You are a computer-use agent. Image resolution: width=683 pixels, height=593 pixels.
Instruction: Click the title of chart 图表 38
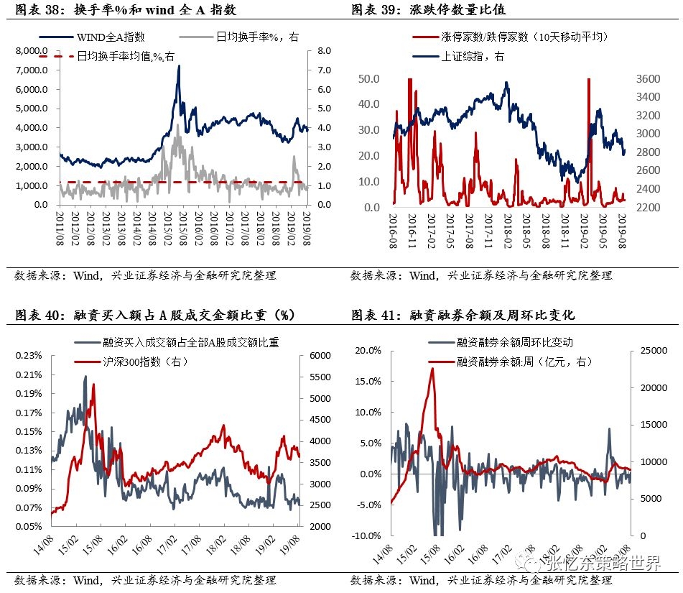tap(125, 11)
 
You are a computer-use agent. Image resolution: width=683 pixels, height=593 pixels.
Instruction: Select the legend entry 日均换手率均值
tap(125, 56)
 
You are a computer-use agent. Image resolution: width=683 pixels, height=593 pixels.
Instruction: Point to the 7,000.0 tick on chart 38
tap(32, 70)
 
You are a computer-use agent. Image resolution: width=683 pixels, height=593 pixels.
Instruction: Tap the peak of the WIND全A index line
tap(178, 66)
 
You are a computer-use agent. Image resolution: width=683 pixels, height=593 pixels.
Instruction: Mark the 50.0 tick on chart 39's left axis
tap(369, 78)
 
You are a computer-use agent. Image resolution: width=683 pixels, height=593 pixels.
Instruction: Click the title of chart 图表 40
tap(154, 315)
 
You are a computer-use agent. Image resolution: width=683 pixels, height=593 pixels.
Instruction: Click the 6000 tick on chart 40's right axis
tap(320, 357)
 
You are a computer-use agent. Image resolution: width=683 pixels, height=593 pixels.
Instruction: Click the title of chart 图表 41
tap(463, 315)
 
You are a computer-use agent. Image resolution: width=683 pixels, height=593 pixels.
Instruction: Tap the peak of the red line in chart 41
tap(432, 368)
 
